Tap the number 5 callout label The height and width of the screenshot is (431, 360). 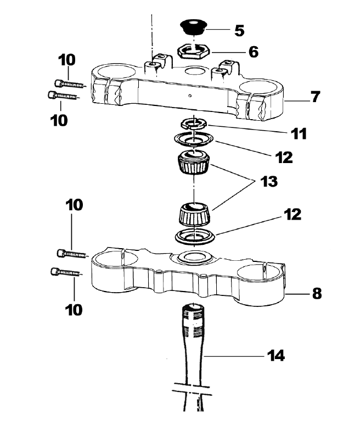pyautogui.click(x=239, y=30)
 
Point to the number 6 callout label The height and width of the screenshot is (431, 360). pyautogui.click(x=253, y=52)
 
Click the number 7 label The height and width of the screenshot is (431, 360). pyautogui.click(x=314, y=97)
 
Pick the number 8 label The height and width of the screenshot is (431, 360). pyautogui.click(x=317, y=293)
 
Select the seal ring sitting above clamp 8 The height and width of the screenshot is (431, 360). pyautogui.click(x=193, y=237)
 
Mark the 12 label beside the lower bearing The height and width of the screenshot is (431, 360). pyautogui.click(x=293, y=214)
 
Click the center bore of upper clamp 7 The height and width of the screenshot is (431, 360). pyautogui.click(x=193, y=72)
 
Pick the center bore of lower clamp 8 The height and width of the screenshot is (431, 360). pyautogui.click(x=192, y=256)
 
